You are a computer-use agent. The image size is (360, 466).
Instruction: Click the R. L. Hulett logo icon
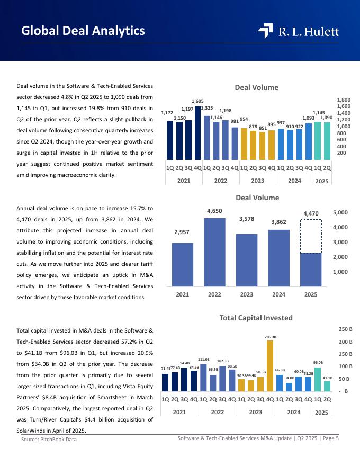265,31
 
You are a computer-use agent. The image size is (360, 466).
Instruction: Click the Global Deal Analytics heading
83,31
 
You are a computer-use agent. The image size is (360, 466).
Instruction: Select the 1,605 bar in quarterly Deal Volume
197,132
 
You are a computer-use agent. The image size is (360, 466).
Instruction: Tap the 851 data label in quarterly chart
262,128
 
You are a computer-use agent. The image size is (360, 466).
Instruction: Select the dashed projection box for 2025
311,236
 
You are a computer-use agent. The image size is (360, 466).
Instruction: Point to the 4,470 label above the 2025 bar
311,213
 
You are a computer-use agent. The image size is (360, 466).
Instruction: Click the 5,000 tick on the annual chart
340,213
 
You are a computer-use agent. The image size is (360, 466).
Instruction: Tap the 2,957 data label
182,232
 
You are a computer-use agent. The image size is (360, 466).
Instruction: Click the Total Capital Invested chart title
256,318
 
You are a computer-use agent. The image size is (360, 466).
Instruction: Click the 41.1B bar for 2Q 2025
327,386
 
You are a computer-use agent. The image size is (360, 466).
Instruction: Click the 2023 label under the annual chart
247,294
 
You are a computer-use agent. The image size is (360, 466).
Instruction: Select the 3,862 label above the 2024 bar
278,222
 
